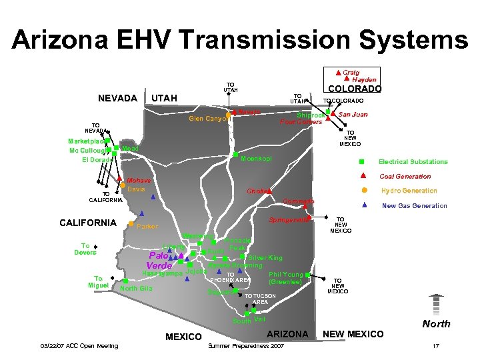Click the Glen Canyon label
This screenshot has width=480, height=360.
206,119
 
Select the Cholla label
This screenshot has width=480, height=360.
257,191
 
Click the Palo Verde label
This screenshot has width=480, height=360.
158,261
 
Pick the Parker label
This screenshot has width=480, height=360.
147,227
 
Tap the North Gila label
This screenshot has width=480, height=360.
136,288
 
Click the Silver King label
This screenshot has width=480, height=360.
265,257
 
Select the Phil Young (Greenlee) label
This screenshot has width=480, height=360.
285,278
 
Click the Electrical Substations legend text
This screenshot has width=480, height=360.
413,162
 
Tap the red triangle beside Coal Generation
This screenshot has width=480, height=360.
363,176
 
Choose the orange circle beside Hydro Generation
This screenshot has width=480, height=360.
363,190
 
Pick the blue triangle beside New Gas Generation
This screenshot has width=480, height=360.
363,205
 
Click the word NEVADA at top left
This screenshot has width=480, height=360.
117,99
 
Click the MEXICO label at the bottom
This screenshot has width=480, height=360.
183,337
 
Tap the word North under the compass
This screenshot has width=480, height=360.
436,324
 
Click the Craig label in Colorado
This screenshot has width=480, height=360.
351,72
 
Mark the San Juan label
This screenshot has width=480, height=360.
353,115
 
